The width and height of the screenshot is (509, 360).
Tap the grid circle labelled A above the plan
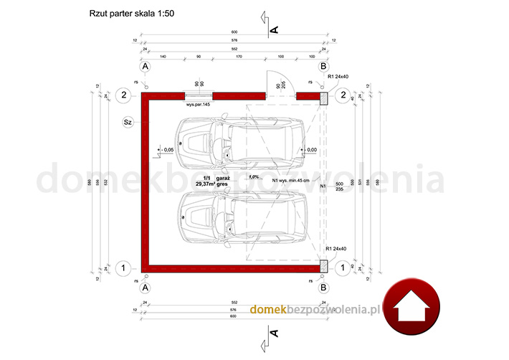click(146, 66)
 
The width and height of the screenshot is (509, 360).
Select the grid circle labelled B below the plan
click(323, 288)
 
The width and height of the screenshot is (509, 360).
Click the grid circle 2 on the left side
click(124, 95)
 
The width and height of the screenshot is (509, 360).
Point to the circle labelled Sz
click(128, 122)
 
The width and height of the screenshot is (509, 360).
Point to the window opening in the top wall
click(199, 95)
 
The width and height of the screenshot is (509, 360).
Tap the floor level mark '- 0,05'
click(167, 150)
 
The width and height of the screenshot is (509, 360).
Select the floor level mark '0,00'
click(310, 150)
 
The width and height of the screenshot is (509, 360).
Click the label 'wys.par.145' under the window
click(198, 105)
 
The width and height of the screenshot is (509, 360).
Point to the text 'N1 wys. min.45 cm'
click(290, 180)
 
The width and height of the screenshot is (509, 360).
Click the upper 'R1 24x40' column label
click(337, 77)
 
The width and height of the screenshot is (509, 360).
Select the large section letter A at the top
click(273, 29)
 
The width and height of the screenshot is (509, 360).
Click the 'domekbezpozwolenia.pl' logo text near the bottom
click(313, 309)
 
